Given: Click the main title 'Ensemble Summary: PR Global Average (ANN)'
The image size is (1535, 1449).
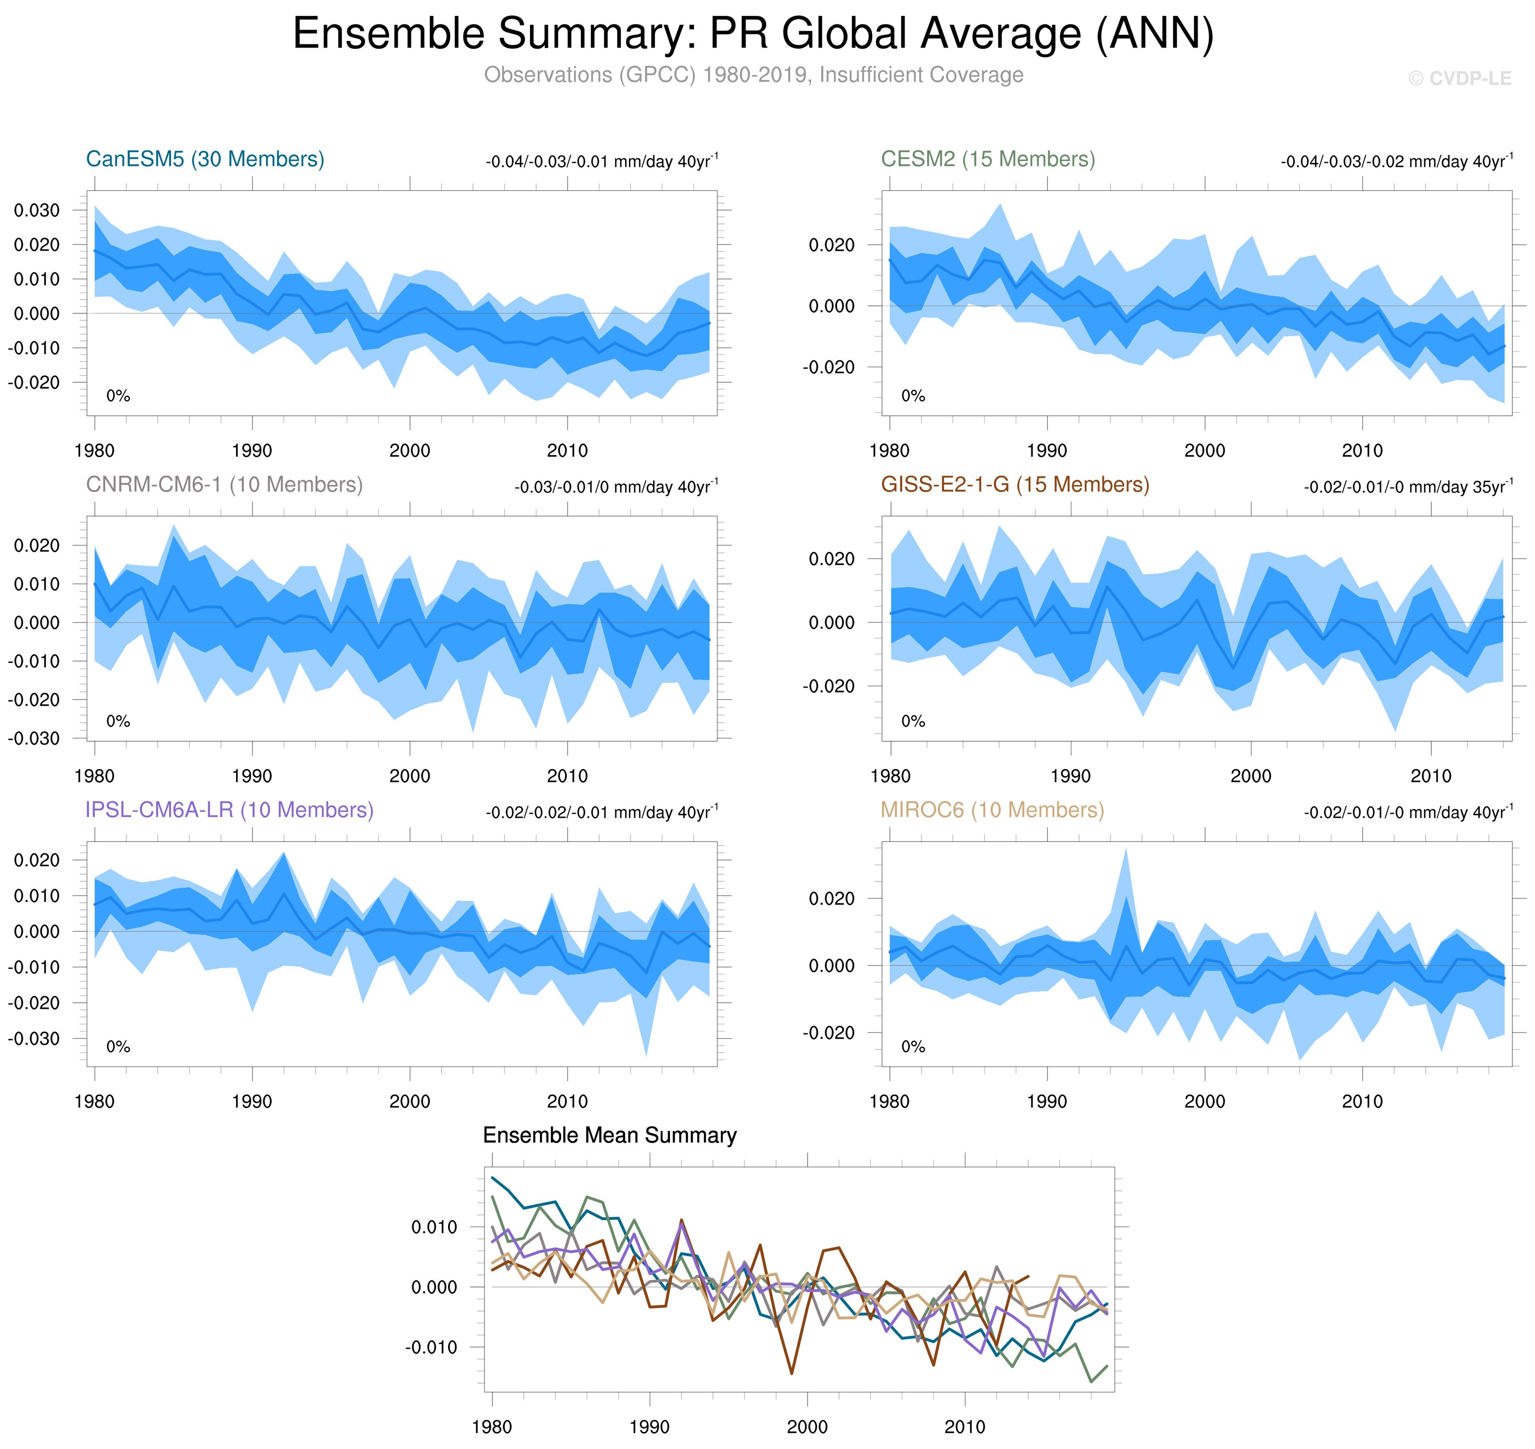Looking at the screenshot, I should pyautogui.click(x=753, y=34).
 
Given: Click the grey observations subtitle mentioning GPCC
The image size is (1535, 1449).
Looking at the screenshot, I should pyautogui.click(x=753, y=75).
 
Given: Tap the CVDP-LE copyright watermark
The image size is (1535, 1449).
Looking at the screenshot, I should pyautogui.click(x=1459, y=79).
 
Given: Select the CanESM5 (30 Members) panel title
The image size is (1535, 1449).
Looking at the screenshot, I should pyautogui.click(x=204, y=159).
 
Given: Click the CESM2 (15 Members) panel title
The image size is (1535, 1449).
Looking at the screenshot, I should pyautogui.click(x=988, y=159).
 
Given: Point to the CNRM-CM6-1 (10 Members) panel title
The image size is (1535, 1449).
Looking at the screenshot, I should pyautogui.click(x=224, y=484).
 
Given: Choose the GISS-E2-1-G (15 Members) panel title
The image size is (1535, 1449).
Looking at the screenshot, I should pyautogui.click(x=1014, y=484).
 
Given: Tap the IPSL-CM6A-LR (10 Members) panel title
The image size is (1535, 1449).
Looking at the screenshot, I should pyautogui.click(x=229, y=810).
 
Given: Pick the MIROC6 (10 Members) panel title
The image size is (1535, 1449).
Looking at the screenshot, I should pyautogui.click(x=992, y=810).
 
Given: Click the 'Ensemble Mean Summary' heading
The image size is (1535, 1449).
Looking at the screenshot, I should pyautogui.click(x=609, y=1136).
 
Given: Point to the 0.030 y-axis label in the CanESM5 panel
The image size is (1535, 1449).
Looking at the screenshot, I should pyautogui.click(x=36, y=210).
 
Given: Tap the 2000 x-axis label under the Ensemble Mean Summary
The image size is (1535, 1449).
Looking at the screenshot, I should pyautogui.click(x=807, y=1426).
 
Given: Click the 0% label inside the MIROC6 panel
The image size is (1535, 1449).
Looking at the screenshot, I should pyautogui.click(x=913, y=1047).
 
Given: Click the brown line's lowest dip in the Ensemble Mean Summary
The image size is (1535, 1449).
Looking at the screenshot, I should pyautogui.click(x=792, y=1373).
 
